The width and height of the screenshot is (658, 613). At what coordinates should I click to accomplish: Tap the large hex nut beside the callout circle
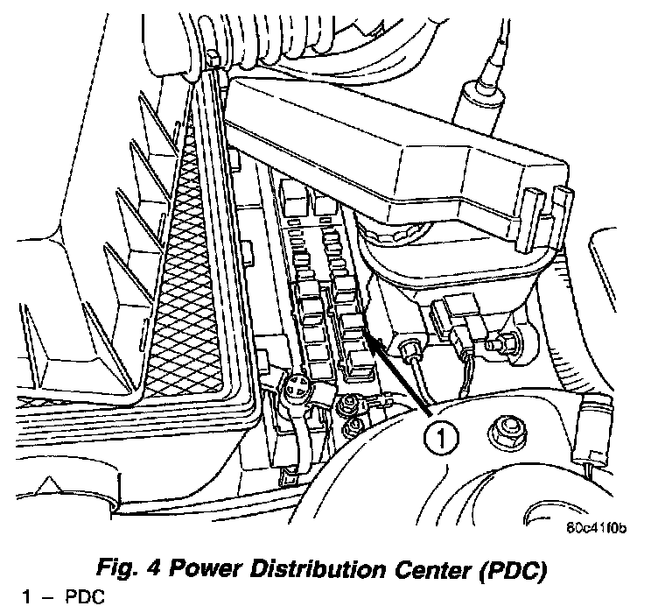coord(507,430)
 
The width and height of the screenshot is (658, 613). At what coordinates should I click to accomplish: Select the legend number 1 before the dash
coord(27,599)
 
